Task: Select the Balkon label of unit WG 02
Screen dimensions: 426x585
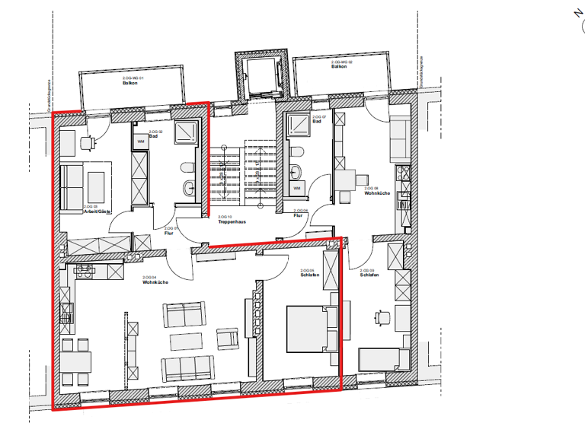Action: pos(340,67)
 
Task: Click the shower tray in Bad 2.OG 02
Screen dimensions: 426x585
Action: pos(185,134)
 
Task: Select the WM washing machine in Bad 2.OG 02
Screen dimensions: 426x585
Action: pos(142,141)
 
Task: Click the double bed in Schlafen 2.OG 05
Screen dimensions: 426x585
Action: pos(310,329)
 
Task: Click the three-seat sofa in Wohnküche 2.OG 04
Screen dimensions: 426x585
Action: pos(184,367)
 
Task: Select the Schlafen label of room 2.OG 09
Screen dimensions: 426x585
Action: pos(371,275)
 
